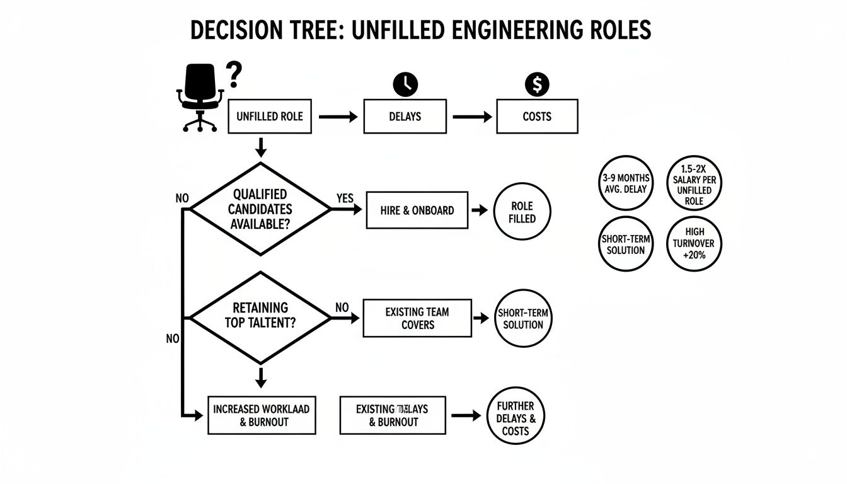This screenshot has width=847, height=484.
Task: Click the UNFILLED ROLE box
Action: (269, 117)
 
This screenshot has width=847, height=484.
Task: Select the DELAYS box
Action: (405, 117)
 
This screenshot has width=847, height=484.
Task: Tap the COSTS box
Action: (537, 117)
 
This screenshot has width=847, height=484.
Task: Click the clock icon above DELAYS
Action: (405, 84)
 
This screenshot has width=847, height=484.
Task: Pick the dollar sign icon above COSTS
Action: (537, 84)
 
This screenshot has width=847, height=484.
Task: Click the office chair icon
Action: (200, 98)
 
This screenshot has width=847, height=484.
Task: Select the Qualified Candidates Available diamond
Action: (260, 209)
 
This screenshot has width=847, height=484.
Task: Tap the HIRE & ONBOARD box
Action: (417, 210)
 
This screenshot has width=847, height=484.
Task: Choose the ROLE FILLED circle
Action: (522, 212)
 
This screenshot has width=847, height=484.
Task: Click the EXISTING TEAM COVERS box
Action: (417, 318)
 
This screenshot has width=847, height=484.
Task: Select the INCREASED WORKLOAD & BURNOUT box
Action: (262, 415)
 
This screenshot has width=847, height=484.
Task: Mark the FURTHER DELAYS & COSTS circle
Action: (516, 415)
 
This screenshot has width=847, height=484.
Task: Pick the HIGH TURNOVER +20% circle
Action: (694, 245)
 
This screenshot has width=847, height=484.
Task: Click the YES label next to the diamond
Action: (345, 198)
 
